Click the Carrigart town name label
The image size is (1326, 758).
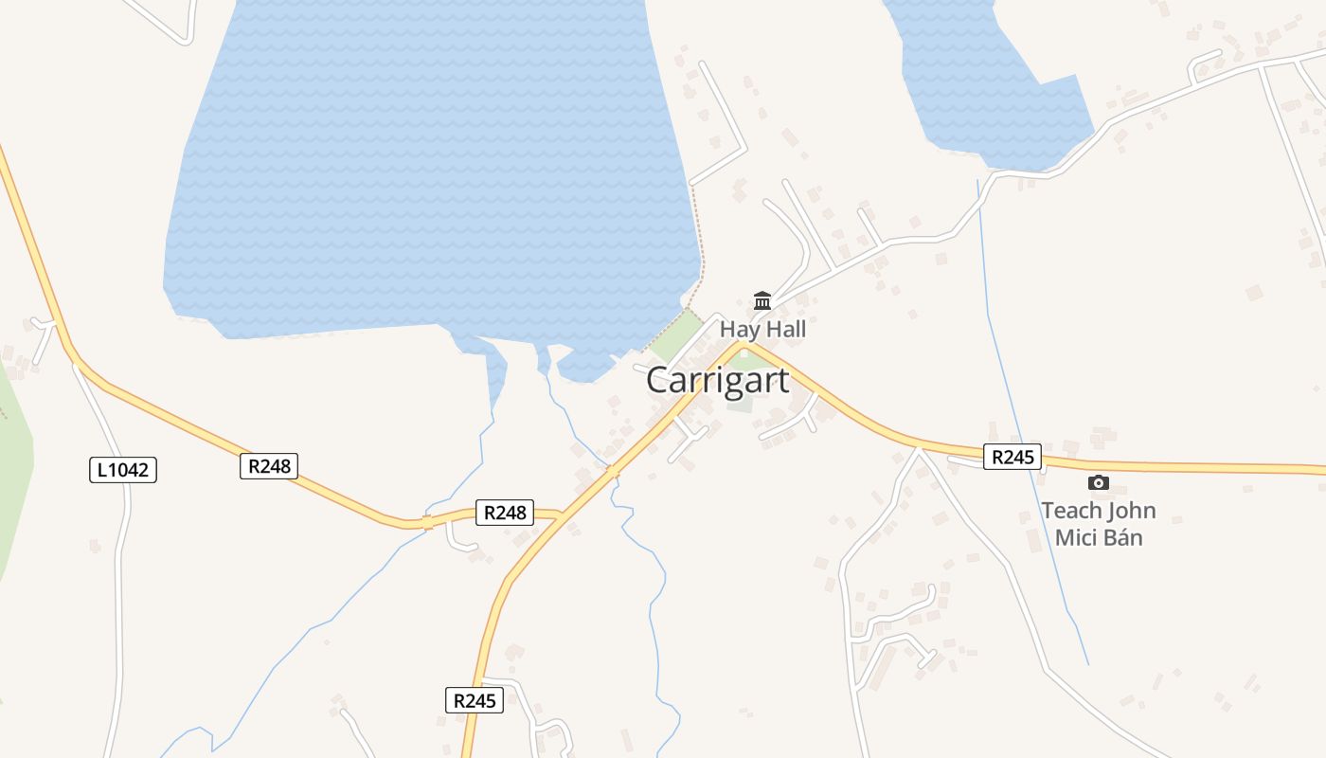coord(717,380)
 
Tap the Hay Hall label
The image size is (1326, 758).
coord(762,330)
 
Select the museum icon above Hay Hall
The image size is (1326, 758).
coord(762,301)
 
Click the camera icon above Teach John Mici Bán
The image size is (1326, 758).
coord(1099,483)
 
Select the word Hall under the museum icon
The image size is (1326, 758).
coord(787,330)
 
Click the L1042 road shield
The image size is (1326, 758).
coord(123,469)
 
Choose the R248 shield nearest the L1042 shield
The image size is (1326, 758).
coord(269,465)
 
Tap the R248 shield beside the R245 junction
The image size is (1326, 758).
coord(504,513)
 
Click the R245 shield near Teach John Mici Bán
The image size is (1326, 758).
coord(1012,458)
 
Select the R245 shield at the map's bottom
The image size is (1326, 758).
coord(475,700)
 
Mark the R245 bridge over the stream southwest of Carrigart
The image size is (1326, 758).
coord(613,471)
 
